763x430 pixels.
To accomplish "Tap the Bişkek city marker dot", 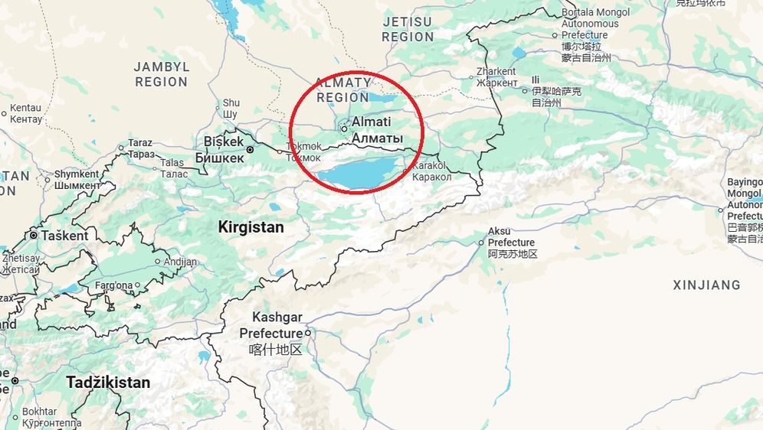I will [x=250, y=150].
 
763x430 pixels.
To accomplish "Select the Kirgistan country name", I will [x=251, y=227].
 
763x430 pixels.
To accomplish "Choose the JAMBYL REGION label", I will [x=161, y=74].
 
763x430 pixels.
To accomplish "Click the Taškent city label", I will [x=64, y=236].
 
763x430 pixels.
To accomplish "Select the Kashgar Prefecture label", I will [x=271, y=326].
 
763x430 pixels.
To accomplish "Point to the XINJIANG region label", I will [x=706, y=285].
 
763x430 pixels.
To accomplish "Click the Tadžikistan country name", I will [x=107, y=382].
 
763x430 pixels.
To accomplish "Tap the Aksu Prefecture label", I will [x=512, y=237].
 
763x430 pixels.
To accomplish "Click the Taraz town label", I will [x=140, y=143].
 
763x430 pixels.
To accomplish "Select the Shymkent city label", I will [x=77, y=174].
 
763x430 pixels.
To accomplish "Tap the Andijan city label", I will [x=180, y=262].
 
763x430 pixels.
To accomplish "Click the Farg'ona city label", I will [x=113, y=286].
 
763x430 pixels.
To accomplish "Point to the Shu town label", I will [x=231, y=103].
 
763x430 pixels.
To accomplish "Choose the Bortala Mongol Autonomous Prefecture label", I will [x=595, y=24].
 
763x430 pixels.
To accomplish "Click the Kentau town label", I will [x=26, y=109].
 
